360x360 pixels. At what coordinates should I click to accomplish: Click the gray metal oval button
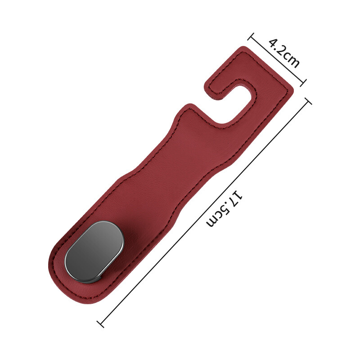coord(94,252)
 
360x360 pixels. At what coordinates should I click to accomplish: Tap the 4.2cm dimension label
coord(284,53)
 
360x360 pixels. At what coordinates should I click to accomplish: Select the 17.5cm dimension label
coord(224,208)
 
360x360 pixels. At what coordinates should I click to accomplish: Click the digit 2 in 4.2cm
coord(281,50)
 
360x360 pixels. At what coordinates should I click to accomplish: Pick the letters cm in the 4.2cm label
coord(291,60)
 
